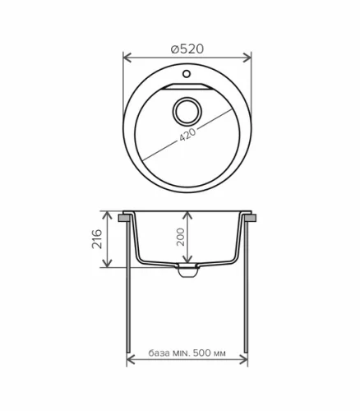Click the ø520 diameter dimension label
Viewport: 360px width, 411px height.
[x=187, y=49]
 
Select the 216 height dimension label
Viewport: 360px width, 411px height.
[x=96, y=239]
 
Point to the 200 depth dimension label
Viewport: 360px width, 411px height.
[x=179, y=238]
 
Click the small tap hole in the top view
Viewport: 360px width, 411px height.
[x=187, y=76]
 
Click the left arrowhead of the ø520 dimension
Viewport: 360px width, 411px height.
[x=127, y=58]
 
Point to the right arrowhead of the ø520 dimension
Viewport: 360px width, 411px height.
[x=248, y=58]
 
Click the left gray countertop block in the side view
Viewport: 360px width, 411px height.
[x=123, y=219]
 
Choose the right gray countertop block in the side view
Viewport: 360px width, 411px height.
[x=252, y=219]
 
